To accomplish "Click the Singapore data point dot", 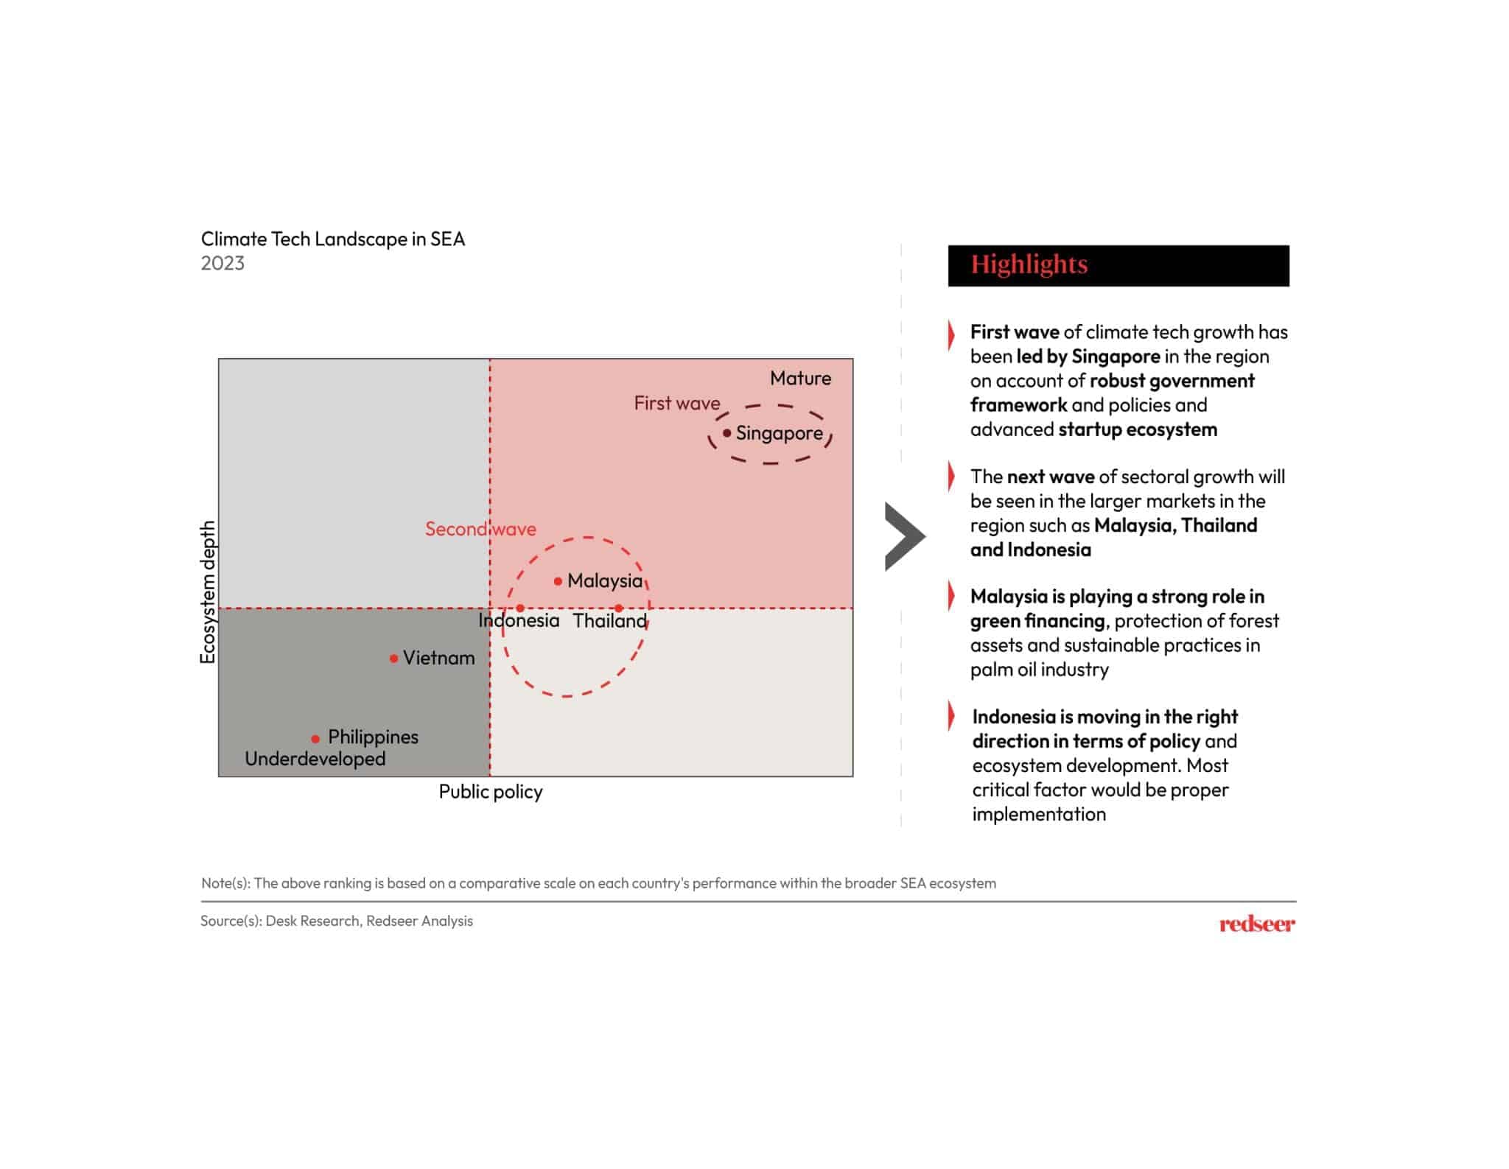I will click(727, 433).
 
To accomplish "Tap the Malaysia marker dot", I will click(558, 581).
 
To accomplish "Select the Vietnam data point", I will click(393, 658).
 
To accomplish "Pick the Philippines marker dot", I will click(315, 738).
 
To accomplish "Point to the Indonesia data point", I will click(520, 608).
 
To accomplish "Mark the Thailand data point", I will click(618, 608).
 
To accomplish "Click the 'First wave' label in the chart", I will click(676, 403).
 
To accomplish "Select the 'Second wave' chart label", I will click(480, 529).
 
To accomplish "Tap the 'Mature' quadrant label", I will click(800, 378).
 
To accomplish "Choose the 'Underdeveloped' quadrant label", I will click(315, 759).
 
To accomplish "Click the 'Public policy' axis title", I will click(491, 792).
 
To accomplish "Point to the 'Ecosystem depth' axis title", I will click(208, 592).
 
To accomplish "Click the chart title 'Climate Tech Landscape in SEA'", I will click(333, 239).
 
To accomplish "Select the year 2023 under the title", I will click(223, 263).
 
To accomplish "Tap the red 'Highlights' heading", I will click(1029, 264).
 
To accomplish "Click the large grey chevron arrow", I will click(903, 536).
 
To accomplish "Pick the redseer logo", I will click(1256, 924).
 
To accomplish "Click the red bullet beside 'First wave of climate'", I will click(951, 334).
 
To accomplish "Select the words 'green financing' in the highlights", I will click(1037, 621).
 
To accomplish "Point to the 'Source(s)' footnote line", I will click(337, 921).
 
